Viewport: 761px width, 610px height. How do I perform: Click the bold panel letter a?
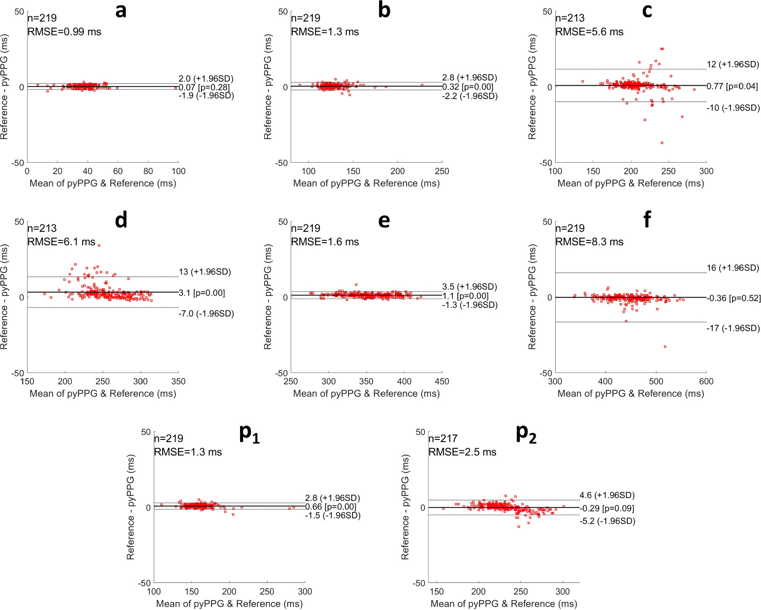[120, 11]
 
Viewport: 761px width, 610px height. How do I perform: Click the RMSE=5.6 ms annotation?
[589, 32]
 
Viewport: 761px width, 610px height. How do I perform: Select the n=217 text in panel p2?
[443, 439]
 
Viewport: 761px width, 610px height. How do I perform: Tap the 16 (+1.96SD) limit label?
[733, 268]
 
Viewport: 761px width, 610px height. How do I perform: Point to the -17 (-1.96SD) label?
[733, 328]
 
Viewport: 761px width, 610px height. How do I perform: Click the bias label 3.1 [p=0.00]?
[202, 293]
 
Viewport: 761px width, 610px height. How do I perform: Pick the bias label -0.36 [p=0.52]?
[733, 298]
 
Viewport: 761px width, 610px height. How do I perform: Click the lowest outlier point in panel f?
[665, 347]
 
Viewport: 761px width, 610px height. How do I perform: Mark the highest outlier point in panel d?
[99, 245]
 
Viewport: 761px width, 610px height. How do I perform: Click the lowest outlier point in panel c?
[662, 143]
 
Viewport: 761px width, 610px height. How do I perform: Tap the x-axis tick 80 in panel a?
[148, 171]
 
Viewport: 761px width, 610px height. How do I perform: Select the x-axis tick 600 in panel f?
[706, 382]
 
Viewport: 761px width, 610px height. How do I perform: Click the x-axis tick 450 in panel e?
[441, 382]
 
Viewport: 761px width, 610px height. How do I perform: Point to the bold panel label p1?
[249, 433]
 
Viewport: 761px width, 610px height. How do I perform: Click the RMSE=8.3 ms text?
[589, 242]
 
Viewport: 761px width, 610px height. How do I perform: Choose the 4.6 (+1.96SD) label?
[607, 495]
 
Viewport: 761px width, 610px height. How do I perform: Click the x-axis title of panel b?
[366, 183]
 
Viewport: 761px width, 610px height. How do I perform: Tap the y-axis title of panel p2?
[405, 507]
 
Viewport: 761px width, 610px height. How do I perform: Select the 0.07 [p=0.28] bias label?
[204, 88]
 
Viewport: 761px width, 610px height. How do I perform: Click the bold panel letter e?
[384, 220]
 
